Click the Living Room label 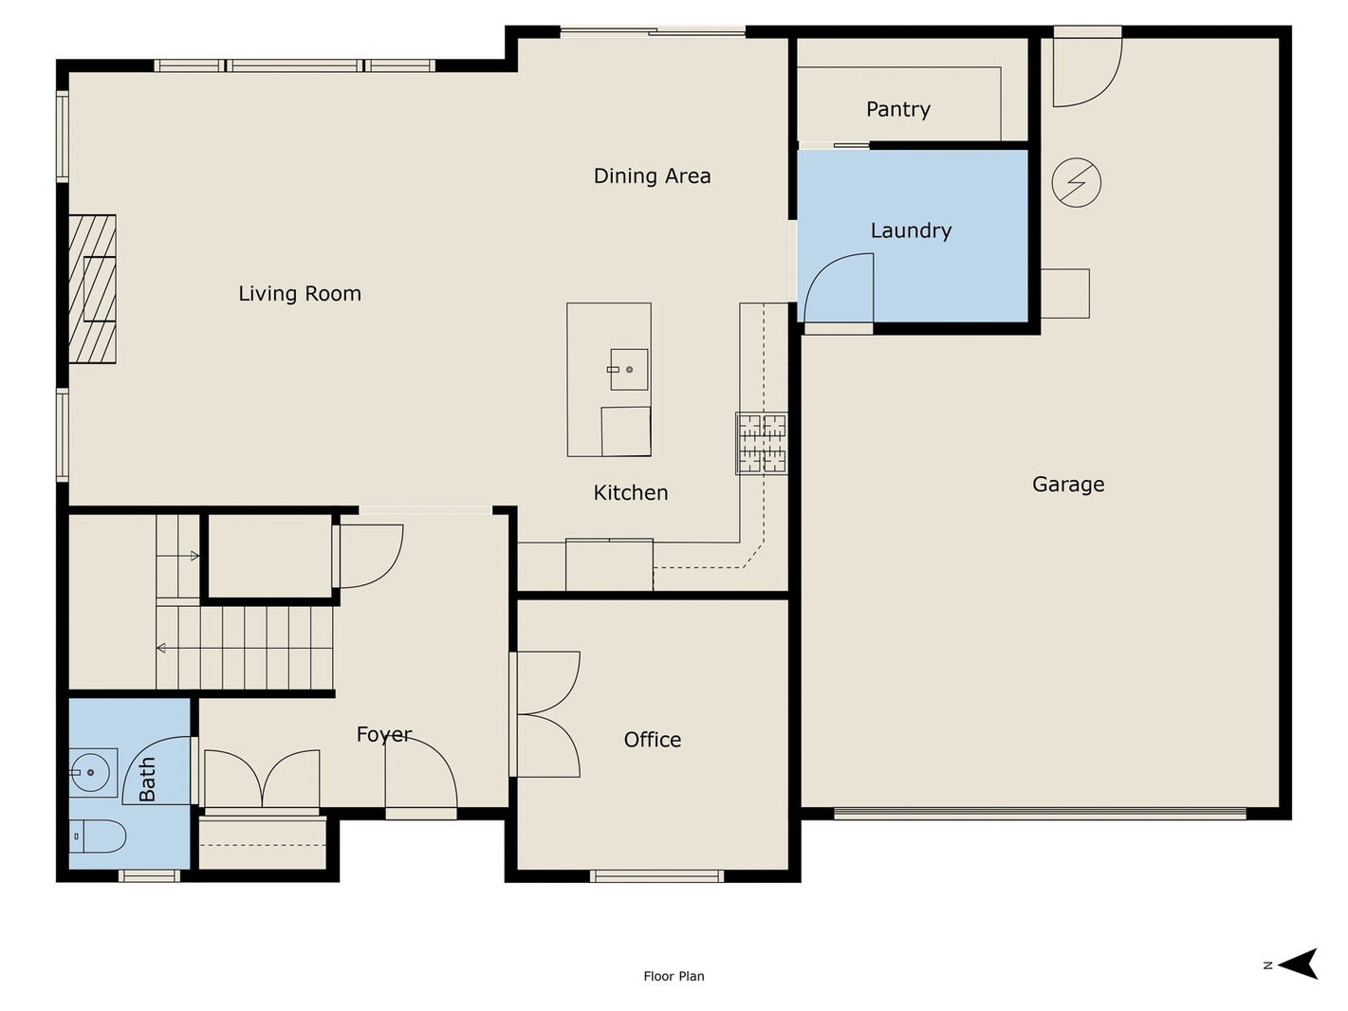300,293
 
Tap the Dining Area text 653,176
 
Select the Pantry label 897,109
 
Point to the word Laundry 911,230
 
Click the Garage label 1068,485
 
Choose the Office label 653,740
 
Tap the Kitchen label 631,493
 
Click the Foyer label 384,735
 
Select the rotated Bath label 147,779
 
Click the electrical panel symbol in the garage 1076,182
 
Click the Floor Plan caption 674,976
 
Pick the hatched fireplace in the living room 92,288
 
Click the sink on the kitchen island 628,370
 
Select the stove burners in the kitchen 762,443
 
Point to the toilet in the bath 97,836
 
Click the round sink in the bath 90,772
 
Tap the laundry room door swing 839,287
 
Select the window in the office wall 656,876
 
